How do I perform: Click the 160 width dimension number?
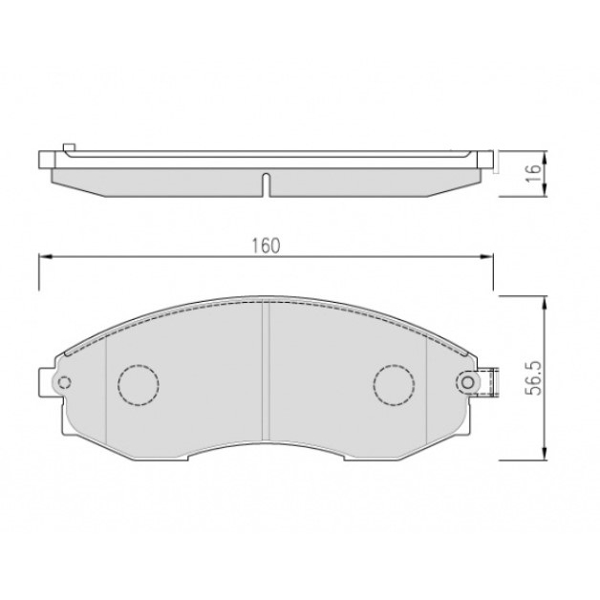[266, 245]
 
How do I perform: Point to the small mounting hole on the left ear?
[64, 383]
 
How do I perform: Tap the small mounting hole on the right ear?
[467, 382]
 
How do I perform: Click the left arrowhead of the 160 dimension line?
[43, 256]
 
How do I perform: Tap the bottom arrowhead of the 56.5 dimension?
[544, 454]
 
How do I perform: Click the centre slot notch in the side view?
[267, 182]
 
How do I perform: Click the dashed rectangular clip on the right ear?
[487, 382]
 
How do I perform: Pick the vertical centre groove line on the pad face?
[265, 373]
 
